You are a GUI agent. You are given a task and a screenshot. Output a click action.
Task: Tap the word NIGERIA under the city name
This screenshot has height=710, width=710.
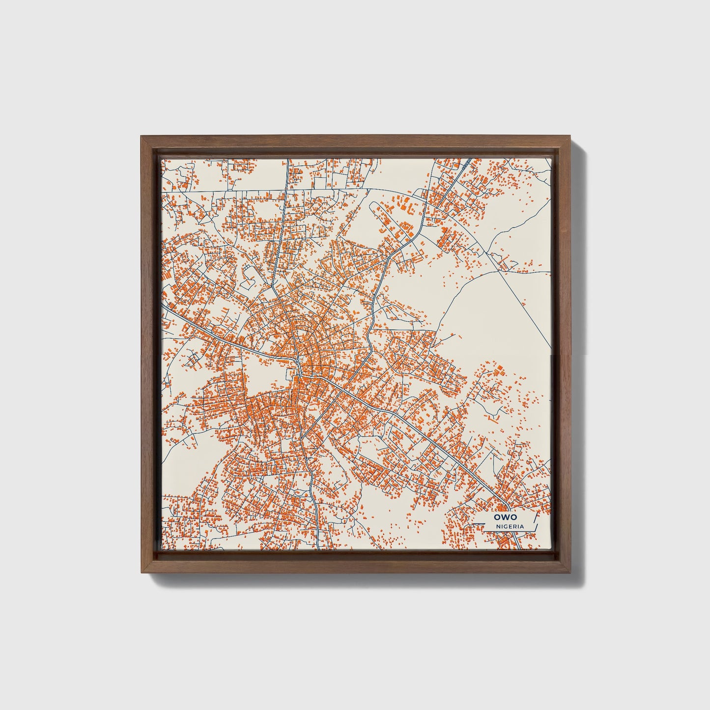[x=510, y=526]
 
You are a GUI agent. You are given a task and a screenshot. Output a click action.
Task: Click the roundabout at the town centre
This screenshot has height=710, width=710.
[x=299, y=363]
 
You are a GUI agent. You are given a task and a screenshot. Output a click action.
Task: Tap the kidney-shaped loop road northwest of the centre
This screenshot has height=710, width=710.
[x=249, y=278]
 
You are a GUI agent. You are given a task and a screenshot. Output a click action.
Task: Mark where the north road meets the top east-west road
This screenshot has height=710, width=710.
[x=285, y=189]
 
